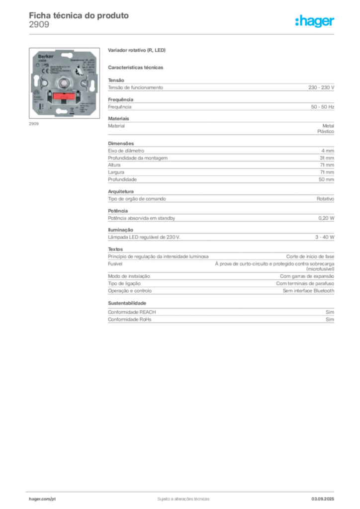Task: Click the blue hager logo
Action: click(315, 22)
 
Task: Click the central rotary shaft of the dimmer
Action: click(64, 83)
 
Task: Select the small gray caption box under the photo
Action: click(33, 124)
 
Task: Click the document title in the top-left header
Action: click(80, 15)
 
